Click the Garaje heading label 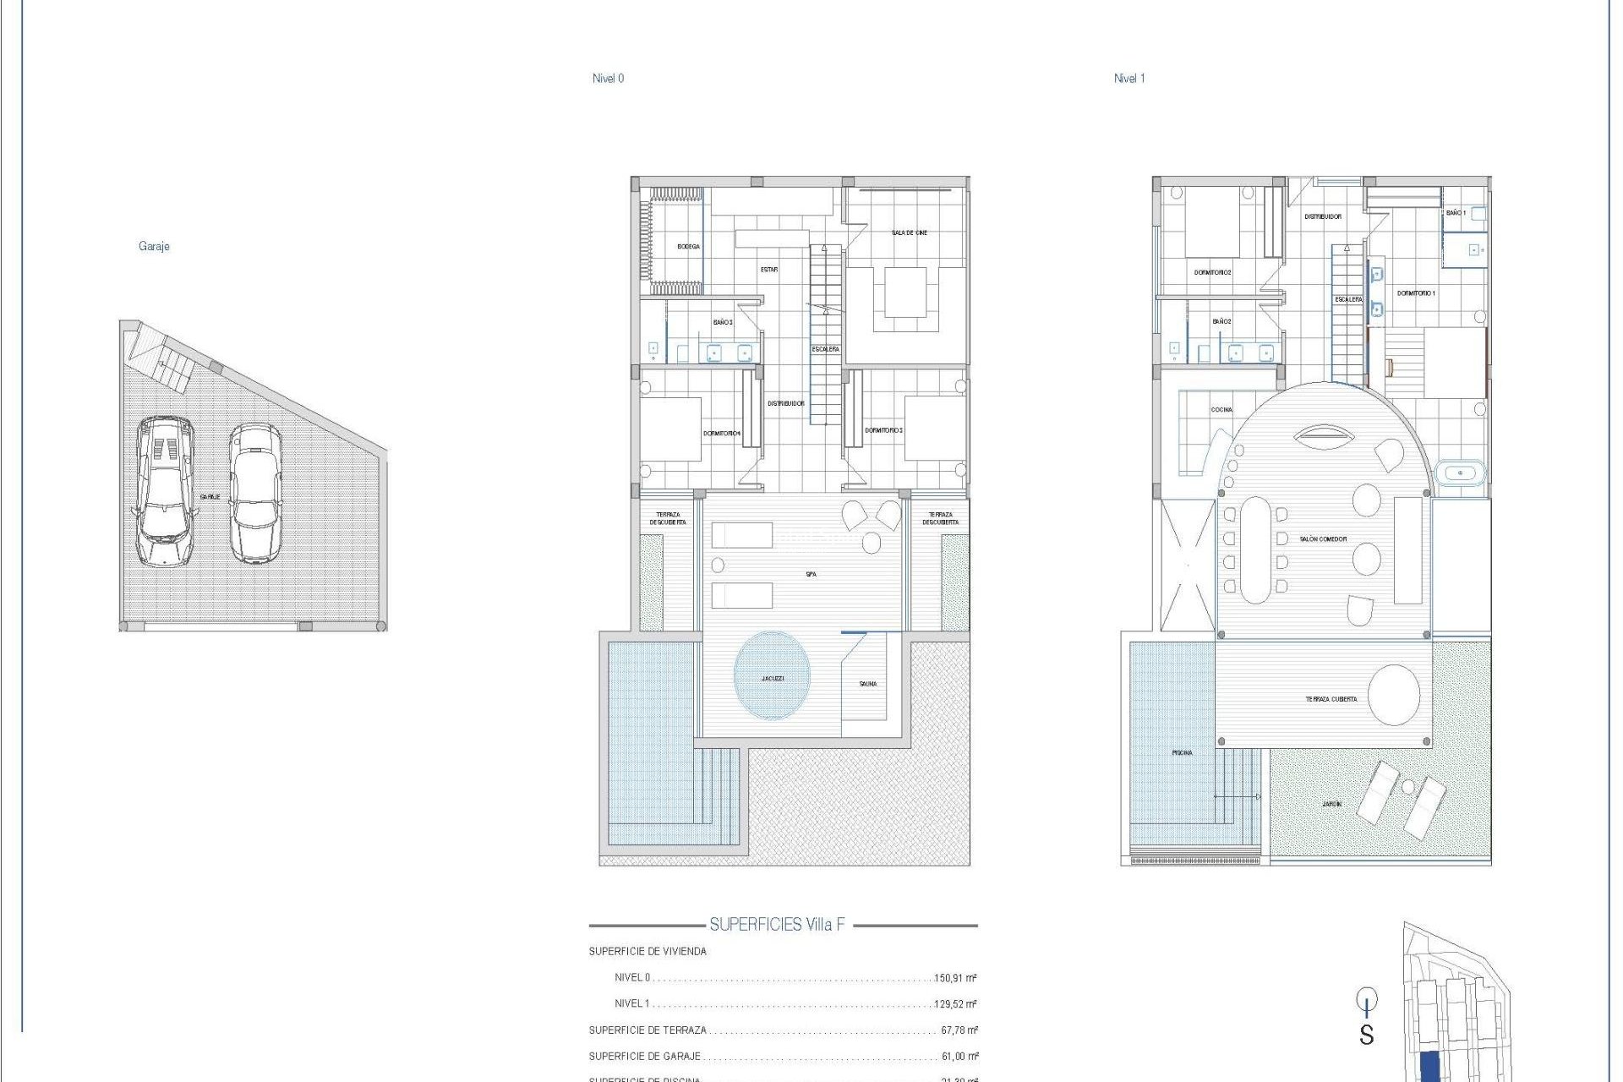pyautogui.click(x=154, y=246)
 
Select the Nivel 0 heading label pyautogui.click(x=608, y=79)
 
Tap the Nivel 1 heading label pyautogui.click(x=1129, y=79)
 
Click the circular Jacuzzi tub pyautogui.click(x=772, y=675)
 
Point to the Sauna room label pyautogui.click(x=868, y=684)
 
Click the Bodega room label pyautogui.click(x=688, y=247)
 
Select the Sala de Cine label pyautogui.click(x=909, y=232)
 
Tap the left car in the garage pyautogui.click(x=164, y=490)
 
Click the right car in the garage pyautogui.click(x=255, y=493)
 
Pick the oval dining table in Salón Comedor pyautogui.click(x=1255, y=549)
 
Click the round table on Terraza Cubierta pyautogui.click(x=1394, y=695)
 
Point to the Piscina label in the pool pyautogui.click(x=1182, y=752)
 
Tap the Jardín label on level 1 pyautogui.click(x=1331, y=804)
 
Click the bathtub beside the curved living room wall pyautogui.click(x=1460, y=473)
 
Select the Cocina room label pyautogui.click(x=1221, y=410)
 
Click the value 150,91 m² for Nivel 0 pyautogui.click(x=955, y=978)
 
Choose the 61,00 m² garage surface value pyautogui.click(x=959, y=1057)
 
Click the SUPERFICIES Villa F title pyautogui.click(x=777, y=925)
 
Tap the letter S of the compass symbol pyautogui.click(x=1366, y=1035)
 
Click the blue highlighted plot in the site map pyautogui.click(x=1430, y=1067)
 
